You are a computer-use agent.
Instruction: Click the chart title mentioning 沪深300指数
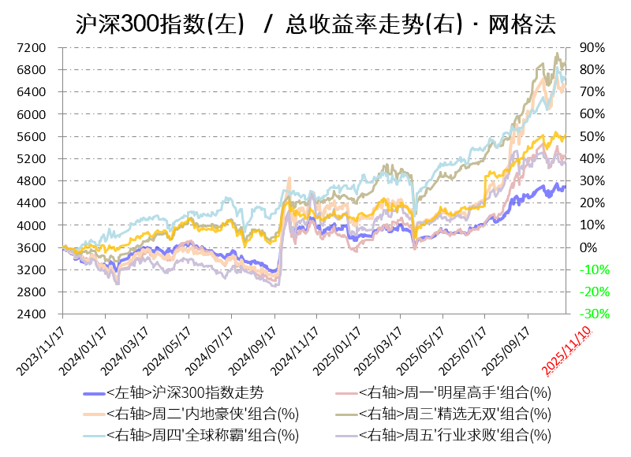315,24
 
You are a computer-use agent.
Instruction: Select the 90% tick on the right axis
592,48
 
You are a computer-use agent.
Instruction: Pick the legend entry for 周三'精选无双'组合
454,414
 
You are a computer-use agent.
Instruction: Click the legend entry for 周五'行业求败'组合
454,434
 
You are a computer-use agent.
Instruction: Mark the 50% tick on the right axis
592,137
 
